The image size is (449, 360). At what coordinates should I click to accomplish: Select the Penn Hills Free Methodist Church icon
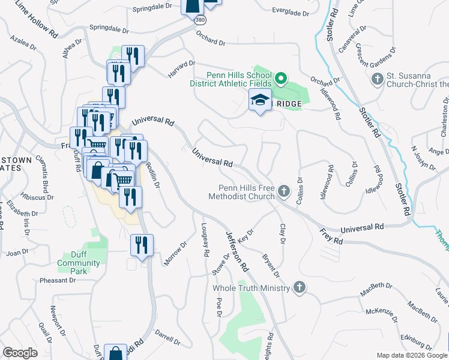click(284, 191)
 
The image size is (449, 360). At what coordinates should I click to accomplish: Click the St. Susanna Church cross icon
click(378, 79)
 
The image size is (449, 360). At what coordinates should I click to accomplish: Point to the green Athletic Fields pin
click(280, 79)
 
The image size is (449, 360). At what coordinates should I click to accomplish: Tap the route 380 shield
click(200, 19)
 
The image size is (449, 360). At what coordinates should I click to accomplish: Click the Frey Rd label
click(331, 235)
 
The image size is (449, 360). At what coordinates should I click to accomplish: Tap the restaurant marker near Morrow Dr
click(142, 245)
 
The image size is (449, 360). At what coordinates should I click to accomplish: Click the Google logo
click(20, 353)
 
